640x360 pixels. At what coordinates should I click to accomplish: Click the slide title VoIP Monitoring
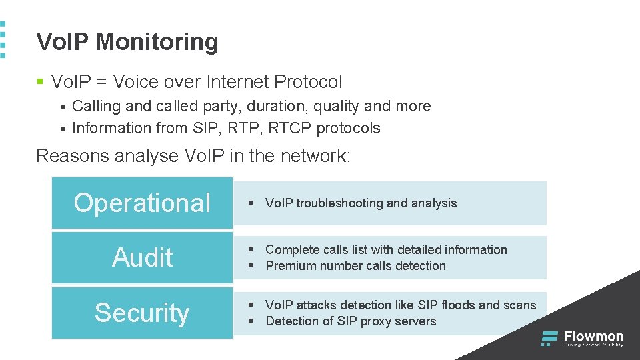point(127,42)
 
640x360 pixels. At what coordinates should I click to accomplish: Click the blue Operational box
point(142,203)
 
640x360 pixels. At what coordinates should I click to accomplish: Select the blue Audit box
point(142,257)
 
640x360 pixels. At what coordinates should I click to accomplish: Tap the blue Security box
point(142,313)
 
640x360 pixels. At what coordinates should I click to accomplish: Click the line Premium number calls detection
point(355,266)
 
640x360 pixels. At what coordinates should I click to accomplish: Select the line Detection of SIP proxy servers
point(351,321)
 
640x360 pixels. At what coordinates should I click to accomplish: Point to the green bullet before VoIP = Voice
point(40,83)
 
